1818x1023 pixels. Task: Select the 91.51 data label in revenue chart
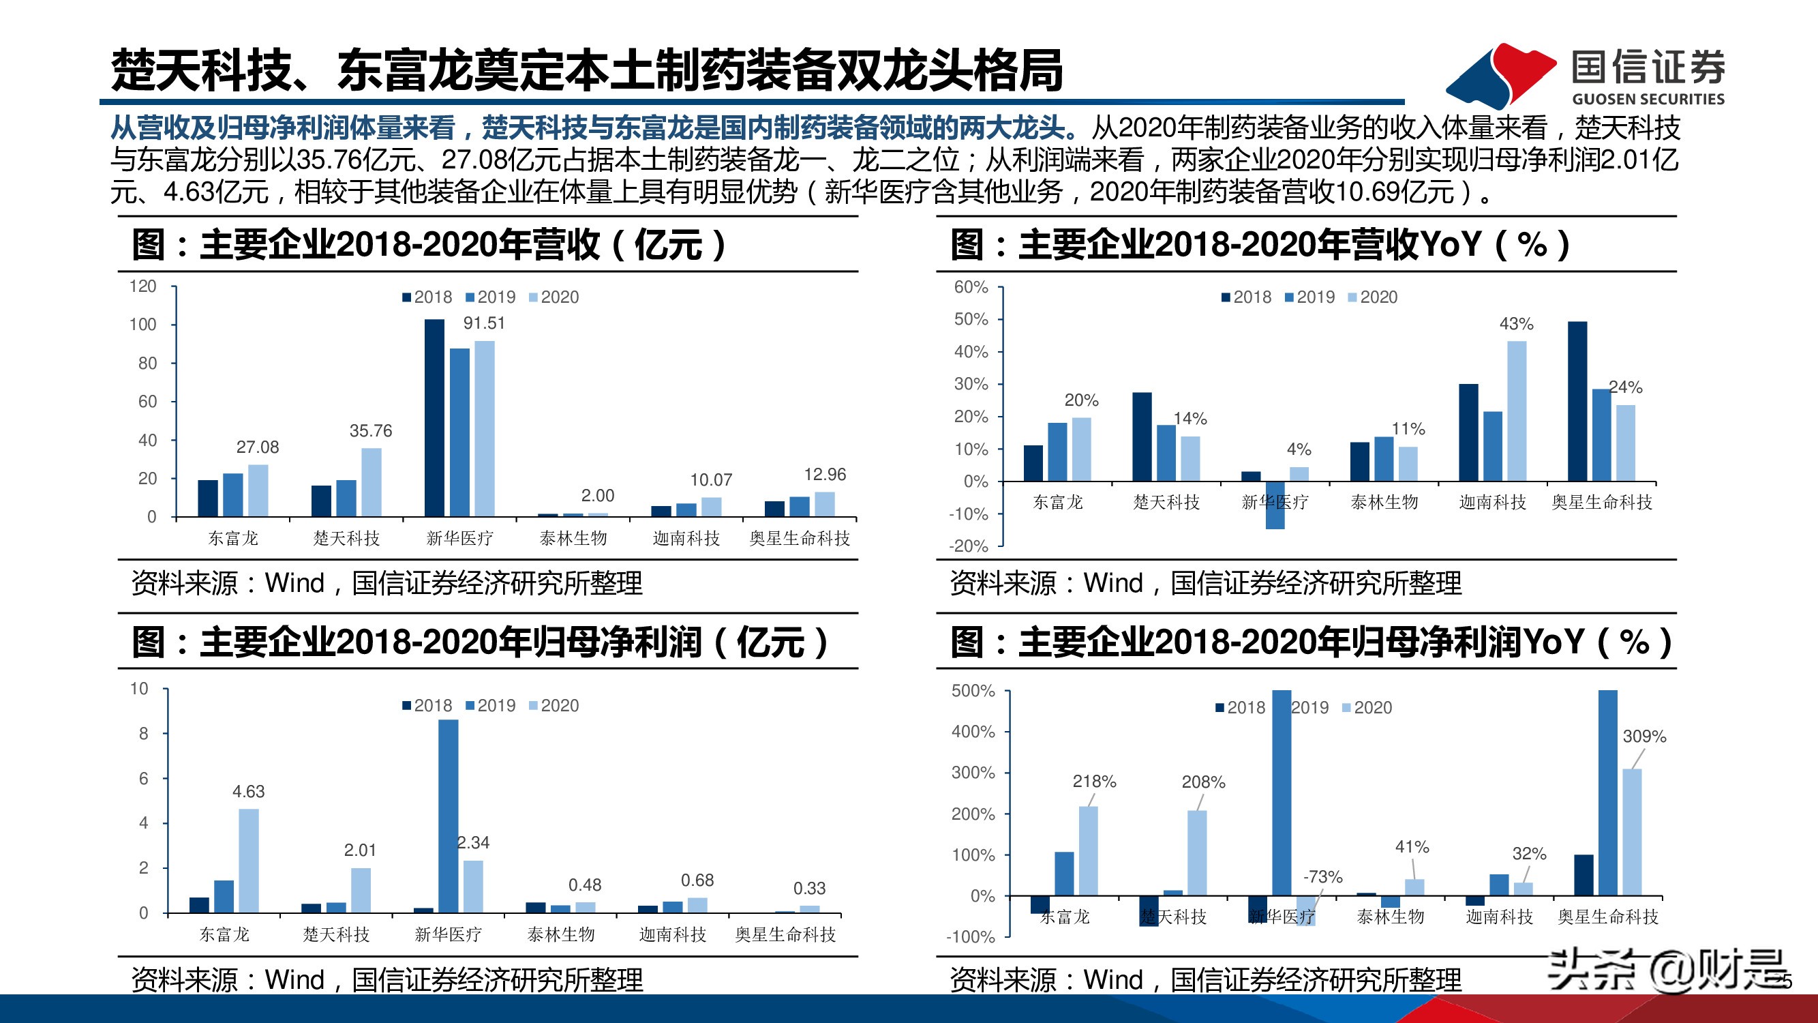point(483,323)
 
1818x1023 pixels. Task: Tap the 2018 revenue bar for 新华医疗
point(435,417)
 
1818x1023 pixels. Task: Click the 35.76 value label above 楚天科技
point(371,430)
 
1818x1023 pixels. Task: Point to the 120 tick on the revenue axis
point(142,286)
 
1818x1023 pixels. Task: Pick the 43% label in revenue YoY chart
point(1516,324)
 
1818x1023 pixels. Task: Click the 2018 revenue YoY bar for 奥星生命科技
point(1577,401)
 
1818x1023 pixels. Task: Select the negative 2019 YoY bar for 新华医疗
point(1275,505)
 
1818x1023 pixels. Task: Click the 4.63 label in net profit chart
point(248,791)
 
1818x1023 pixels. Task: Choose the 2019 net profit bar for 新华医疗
point(448,816)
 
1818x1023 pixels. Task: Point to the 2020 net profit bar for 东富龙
point(248,860)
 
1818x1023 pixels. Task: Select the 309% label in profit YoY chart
point(1643,737)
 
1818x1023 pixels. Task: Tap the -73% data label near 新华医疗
point(1322,877)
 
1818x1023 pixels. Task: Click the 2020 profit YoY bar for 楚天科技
point(1197,853)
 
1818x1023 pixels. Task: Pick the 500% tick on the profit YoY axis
point(973,690)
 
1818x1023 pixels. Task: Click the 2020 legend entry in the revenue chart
point(555,297)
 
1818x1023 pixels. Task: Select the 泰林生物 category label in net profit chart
point(560,935)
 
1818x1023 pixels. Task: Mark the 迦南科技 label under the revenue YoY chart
point(1492,502)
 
